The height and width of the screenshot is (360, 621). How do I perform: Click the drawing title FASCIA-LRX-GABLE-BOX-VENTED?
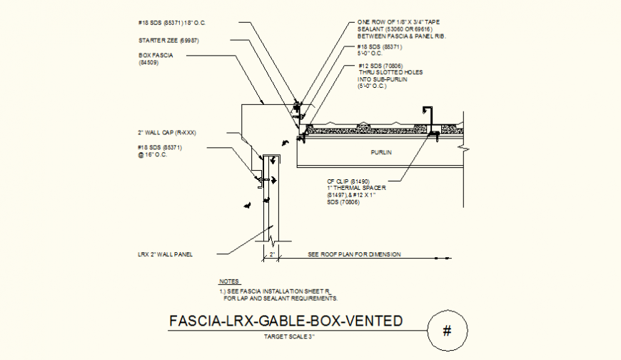[286, 321]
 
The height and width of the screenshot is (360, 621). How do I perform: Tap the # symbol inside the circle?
[448, 331]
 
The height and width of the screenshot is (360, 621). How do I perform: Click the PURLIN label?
[381, 152]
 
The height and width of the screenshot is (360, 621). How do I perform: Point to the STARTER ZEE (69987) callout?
[168, 40]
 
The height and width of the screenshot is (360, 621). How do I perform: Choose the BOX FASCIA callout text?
[156, 54]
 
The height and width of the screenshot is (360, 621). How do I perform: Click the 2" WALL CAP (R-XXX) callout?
[166, 132]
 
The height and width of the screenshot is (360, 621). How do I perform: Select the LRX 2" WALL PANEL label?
[166, 254]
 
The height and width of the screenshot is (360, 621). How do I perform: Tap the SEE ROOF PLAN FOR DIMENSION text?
[355, 254]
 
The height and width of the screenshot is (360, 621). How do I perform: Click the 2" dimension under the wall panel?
[272, 254]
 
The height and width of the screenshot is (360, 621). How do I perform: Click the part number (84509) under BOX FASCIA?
[148, 62]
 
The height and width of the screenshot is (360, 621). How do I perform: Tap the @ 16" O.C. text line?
[152, 155]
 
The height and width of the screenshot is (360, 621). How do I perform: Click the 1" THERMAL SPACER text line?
[351, 189]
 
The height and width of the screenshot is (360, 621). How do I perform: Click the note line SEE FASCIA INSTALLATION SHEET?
[275, 292]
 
